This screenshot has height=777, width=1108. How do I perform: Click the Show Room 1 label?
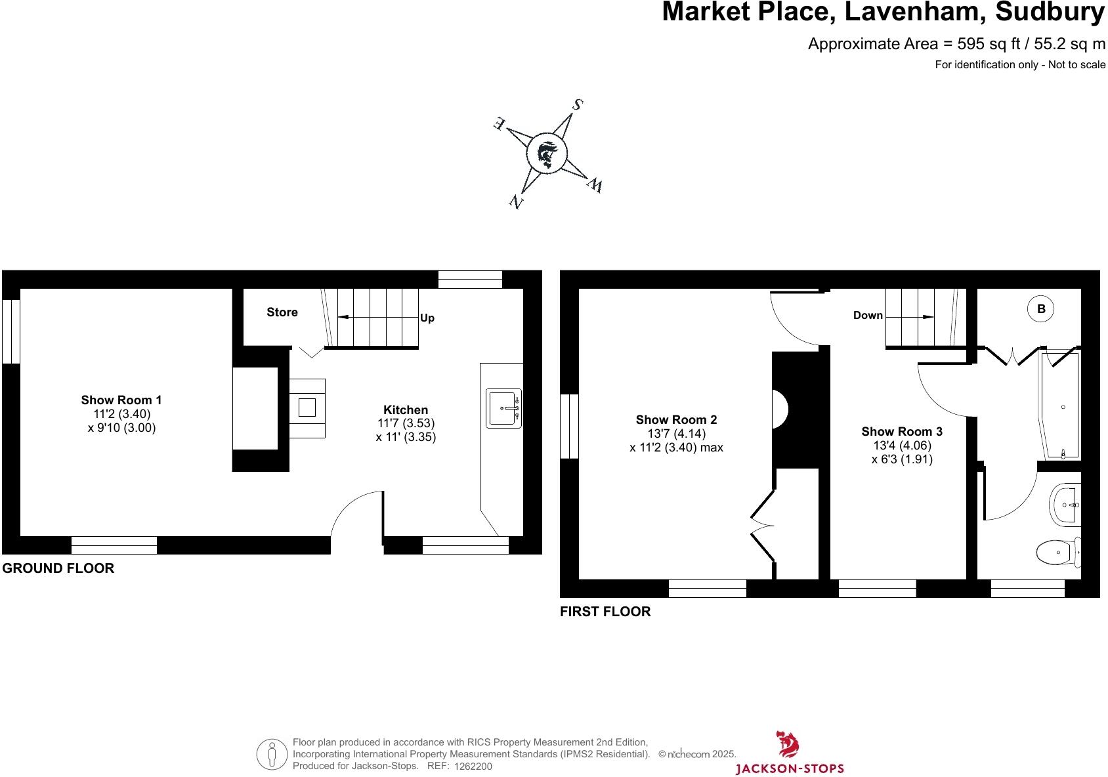[x=121, y=400]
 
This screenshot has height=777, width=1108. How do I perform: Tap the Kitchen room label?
[x=406, y=409]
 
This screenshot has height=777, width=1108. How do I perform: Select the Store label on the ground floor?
[x=282, y=312]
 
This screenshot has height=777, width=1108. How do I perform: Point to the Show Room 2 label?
[x=676, y=419]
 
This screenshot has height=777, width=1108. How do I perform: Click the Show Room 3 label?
[x=902, y=431]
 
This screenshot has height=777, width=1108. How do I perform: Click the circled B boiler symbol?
[x=1041, y=309]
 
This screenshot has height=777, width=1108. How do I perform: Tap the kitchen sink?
[x=503, y=408]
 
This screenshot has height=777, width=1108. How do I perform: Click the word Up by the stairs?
[x=427, y=318]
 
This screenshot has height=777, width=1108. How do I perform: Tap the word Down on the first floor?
[x=868, y=316]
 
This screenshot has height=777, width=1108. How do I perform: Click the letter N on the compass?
[x=517, y=201]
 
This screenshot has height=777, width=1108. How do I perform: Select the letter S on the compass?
[x=578, y=104]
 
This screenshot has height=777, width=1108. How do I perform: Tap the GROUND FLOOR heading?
[x=58, y=568]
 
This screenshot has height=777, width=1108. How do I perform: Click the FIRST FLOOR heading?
[x=605, y=612]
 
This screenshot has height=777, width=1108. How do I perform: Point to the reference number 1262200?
[x=473, y=766]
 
